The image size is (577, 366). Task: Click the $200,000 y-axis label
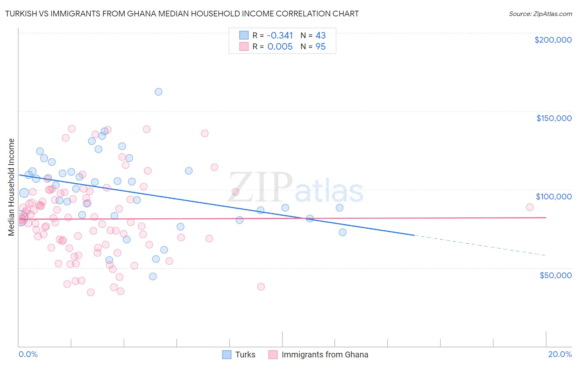[553, 40]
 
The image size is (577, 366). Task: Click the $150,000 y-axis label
[554, 118]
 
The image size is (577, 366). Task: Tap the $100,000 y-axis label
[554, 197]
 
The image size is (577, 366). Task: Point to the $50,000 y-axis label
[555, 275]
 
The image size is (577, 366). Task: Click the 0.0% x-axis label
[28, 354]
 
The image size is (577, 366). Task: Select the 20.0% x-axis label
[560, 354]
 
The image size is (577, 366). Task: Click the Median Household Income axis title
[11, 187]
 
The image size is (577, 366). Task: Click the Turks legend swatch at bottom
[227, 355]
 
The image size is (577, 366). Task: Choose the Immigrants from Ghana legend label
[325, 355]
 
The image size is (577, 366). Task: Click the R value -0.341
[280, 36]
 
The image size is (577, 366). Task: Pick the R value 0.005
[280, 47]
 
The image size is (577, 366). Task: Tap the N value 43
[321, 36]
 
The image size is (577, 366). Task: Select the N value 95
[321, 47]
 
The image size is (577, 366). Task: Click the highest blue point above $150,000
[158, 92]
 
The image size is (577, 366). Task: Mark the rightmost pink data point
[530, 207]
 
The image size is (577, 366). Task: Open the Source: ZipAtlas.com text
[540, 14]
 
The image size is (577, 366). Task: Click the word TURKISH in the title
[20, 14]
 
